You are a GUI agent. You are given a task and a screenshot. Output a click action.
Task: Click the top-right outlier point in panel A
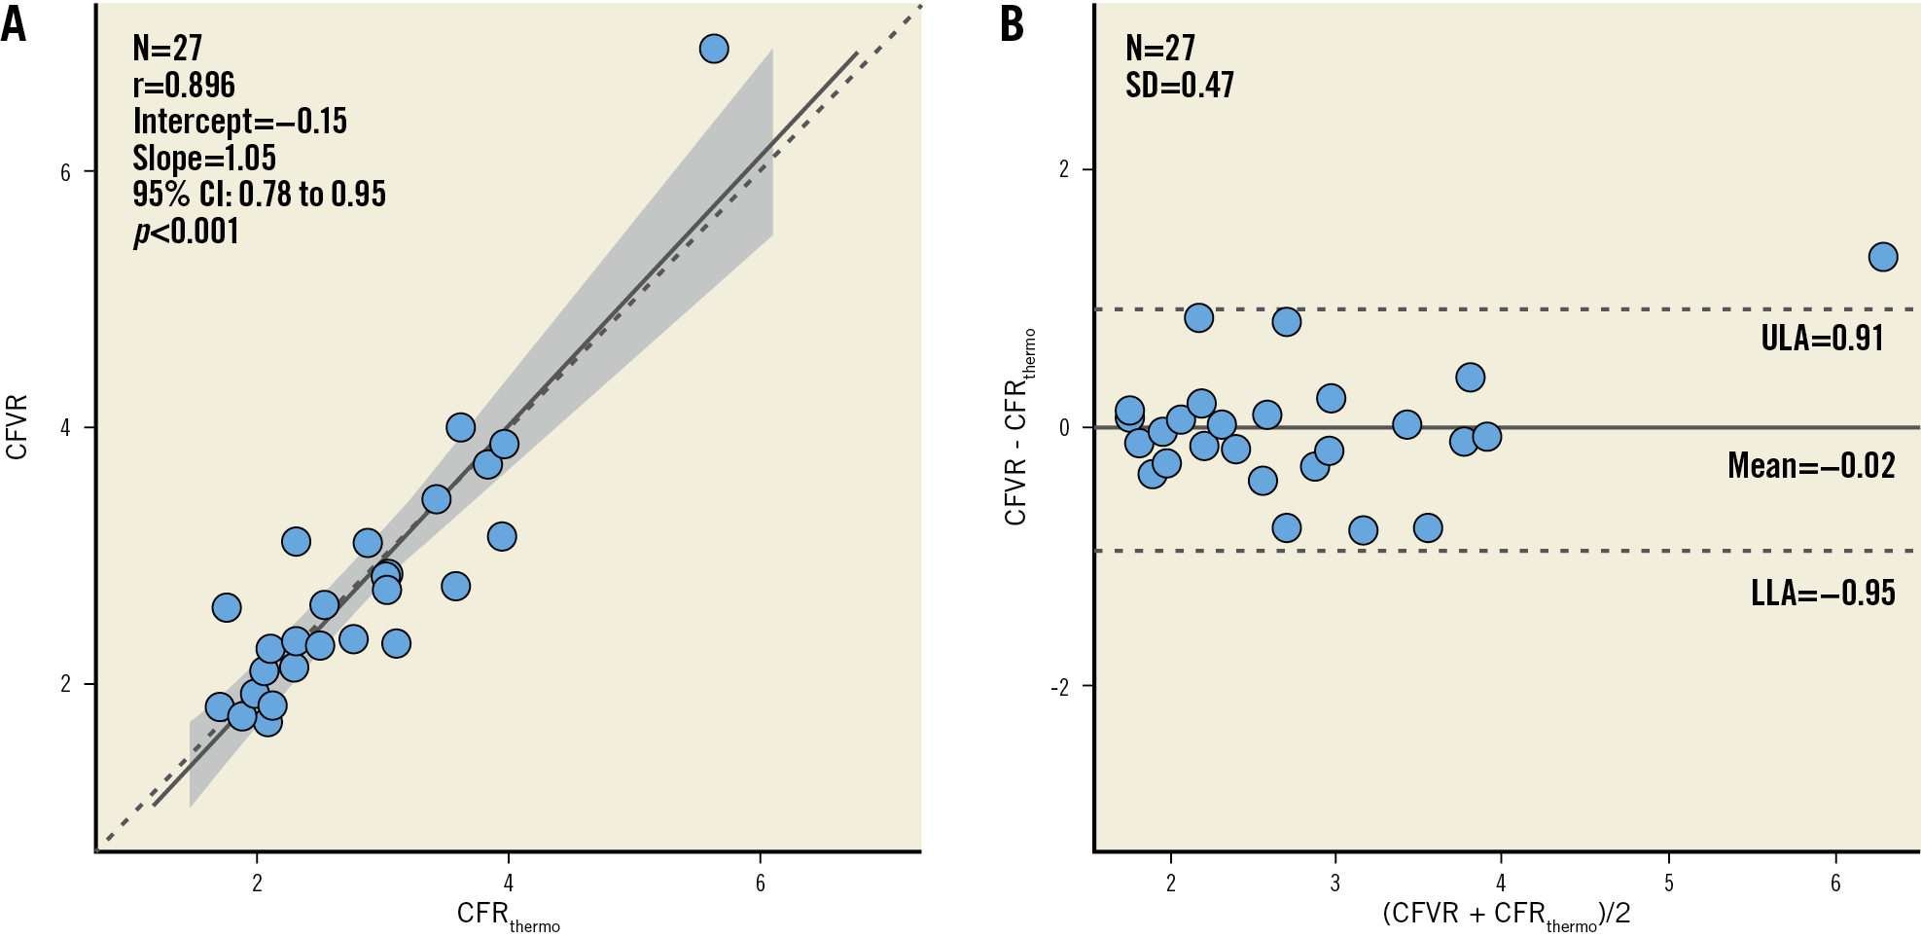pos(713,49)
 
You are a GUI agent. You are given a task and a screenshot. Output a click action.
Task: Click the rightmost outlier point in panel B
pos(1882,257)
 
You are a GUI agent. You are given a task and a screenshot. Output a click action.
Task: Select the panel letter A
pos(14,24)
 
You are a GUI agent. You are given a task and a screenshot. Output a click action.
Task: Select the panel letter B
pos(1012,24)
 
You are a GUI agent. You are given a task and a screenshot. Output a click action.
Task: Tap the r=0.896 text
pos(184,86)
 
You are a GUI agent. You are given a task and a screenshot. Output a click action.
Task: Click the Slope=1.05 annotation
pos(204,158)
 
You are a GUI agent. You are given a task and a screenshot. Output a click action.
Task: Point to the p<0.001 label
pos(186,232)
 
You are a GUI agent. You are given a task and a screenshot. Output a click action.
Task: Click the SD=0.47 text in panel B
pos(1179,86)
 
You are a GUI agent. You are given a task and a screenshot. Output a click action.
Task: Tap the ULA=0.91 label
pos(1822,338)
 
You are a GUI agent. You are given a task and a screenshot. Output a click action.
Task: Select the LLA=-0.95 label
pos(1822,593)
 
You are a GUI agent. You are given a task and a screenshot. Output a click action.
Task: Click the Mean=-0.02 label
pos(1810,465)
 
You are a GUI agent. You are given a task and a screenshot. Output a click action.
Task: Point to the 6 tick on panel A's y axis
pos(65,172)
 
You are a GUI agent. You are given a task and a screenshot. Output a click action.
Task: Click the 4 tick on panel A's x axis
pos(508,883)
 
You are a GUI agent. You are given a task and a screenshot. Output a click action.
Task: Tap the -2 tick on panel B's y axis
pos(1059,687)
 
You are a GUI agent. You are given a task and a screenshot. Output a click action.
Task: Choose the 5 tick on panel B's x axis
pos(1668,883)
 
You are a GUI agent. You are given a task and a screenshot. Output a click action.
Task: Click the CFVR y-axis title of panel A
pos(17,427)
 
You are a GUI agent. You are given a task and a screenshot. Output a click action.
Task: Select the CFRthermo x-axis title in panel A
pos(508,915)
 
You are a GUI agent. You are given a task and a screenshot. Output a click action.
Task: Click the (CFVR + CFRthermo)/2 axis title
pos(1506,915)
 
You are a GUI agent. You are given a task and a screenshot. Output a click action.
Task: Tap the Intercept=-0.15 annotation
pos(239,122)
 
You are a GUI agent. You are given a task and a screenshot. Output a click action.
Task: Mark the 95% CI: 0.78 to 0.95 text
pos(259,195)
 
